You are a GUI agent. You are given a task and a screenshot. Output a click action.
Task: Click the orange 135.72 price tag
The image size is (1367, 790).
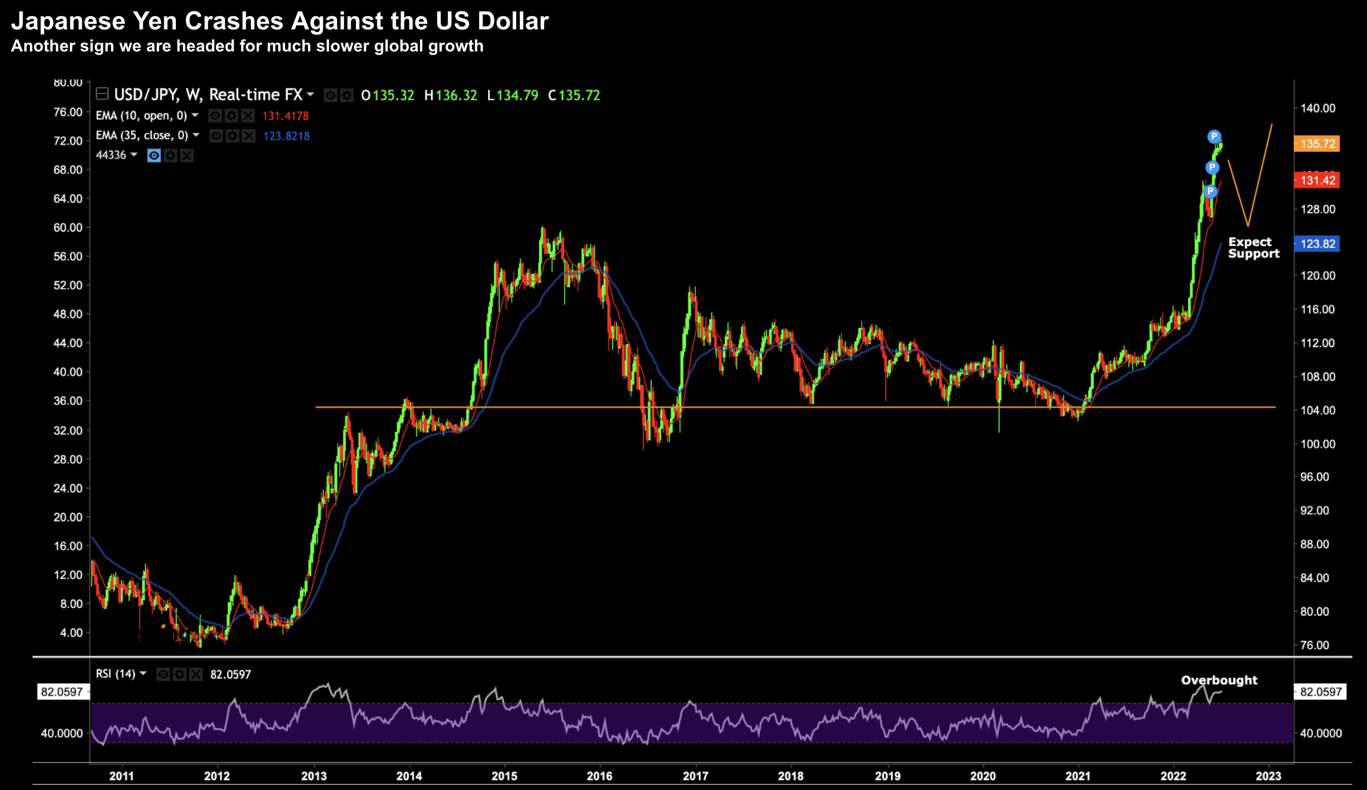[1317, 144]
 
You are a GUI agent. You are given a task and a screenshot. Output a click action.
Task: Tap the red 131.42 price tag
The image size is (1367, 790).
[1317, 180]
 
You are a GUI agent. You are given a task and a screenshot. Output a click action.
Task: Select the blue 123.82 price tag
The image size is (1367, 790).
[1317, 244]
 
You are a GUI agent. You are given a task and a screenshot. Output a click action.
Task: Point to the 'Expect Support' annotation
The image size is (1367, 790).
[1253, 248]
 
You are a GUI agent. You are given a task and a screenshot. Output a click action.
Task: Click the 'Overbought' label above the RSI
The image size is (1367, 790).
[1219, 680]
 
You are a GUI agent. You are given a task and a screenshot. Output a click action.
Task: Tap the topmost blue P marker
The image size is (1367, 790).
[1214, 136]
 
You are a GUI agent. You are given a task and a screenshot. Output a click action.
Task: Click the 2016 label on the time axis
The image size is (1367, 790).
[599, 776]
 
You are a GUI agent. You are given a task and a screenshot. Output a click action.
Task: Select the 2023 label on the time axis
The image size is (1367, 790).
[1268, 776]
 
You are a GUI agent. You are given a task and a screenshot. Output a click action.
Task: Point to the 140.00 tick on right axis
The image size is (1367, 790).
[1318, 109]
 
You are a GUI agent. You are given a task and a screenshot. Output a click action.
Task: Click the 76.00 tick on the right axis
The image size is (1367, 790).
[1315, 645]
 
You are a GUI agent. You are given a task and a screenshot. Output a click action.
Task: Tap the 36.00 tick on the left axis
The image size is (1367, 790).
[68, 401]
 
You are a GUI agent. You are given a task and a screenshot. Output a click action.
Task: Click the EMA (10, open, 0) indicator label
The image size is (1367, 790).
[141, 116]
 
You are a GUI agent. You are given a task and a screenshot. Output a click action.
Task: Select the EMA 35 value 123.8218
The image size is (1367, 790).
[286, 136]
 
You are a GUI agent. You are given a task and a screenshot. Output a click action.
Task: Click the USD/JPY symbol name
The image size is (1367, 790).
[146, 95]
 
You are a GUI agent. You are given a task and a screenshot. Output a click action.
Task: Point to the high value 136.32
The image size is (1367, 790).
[456, 96]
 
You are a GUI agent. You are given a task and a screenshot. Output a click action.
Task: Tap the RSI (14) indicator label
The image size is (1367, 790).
[115, 674]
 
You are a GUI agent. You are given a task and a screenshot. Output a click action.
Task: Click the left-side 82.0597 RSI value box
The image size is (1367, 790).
[62, 692]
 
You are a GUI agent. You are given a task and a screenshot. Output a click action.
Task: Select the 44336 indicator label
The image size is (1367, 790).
[111, 155]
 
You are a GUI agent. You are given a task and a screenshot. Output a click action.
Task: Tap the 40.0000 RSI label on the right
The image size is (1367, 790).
[1321, 734]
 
